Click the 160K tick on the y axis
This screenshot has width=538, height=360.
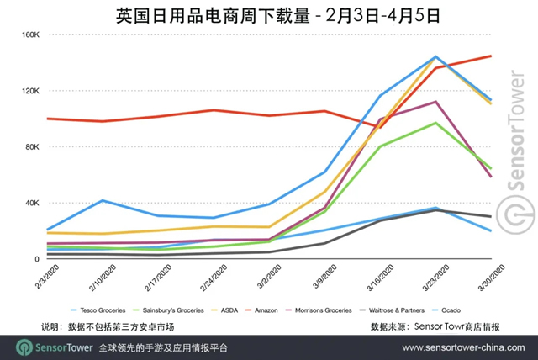coord(30,35)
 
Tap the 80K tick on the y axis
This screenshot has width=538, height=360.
coord(32,147)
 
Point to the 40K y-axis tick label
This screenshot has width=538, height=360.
coord(32,203)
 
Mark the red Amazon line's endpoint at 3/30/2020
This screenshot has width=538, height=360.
coord(491,56)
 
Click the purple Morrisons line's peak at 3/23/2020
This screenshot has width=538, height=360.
coord(435,102)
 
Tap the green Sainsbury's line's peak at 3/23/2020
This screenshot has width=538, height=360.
coord(435,123)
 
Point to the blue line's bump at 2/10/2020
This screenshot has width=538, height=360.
coord(102,200)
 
